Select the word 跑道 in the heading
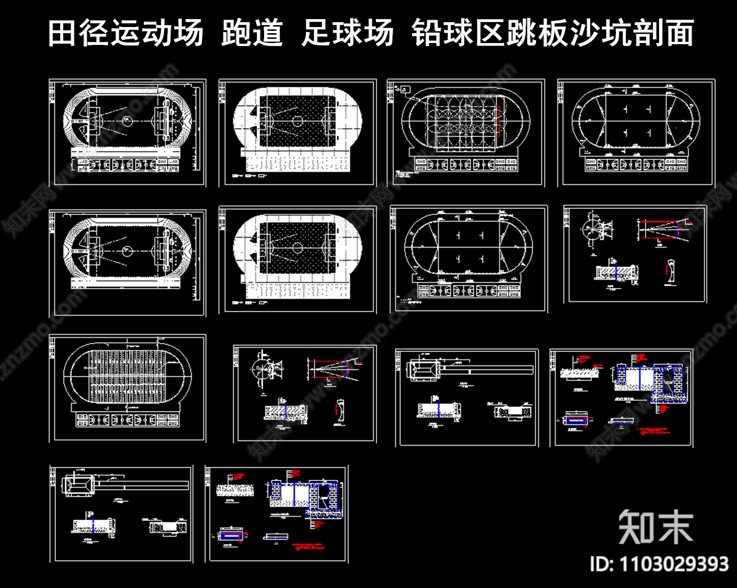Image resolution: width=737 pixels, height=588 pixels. click(252, 33)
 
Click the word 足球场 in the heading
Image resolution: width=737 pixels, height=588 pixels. click(348, 33)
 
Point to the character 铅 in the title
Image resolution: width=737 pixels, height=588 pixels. click(428, 33)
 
